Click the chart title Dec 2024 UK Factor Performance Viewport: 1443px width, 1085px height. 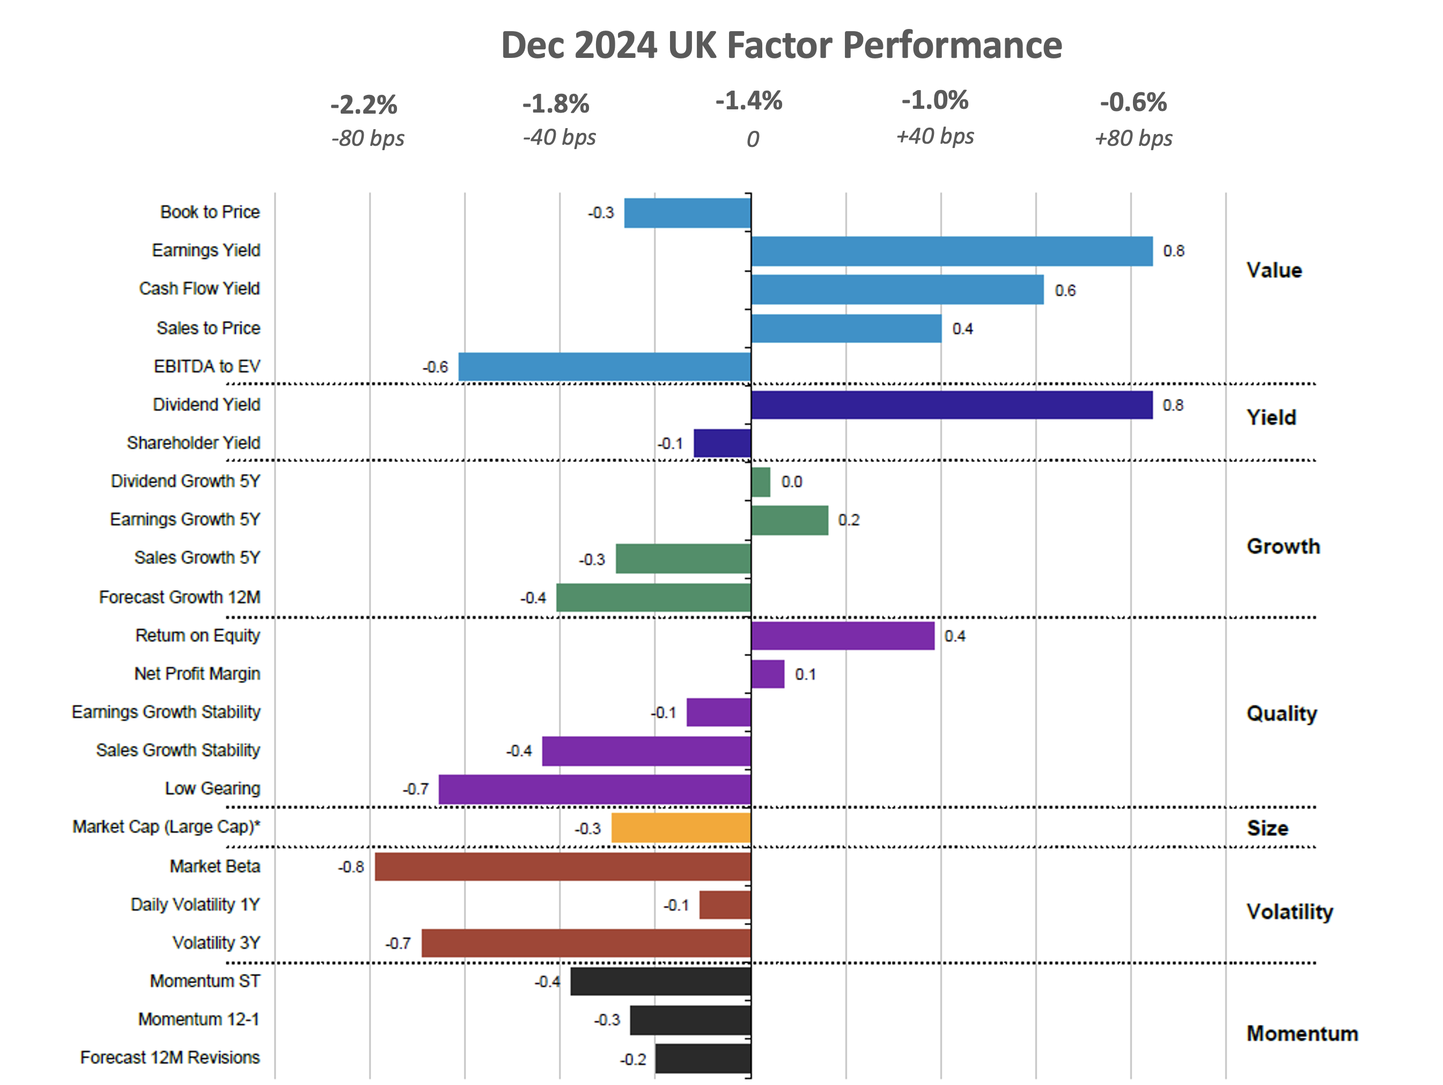[781, 46]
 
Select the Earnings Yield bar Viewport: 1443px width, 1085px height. [951, 251]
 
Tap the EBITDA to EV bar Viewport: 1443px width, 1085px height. [604, 367]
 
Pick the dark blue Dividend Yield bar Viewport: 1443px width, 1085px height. [951, 405]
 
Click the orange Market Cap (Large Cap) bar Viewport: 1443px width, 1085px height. [681, 828]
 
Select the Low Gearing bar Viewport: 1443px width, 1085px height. [594, 789]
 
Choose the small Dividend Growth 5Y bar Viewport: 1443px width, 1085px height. [761, 482]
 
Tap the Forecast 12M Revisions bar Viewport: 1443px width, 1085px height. [703, 1058]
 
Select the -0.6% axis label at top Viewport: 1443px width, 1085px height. [1132, 102]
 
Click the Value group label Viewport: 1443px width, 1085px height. [1273, 270]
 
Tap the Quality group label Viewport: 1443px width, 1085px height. [1281, 714]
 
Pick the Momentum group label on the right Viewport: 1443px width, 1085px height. [1301, 1034]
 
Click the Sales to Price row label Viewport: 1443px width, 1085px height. [208, 328]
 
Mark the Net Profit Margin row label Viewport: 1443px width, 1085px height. [197, 673]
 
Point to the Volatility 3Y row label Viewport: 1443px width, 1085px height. [216, 943]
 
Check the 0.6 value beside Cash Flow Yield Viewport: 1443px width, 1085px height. [1065, 291]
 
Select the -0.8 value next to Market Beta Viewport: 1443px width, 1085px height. [351, 867]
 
